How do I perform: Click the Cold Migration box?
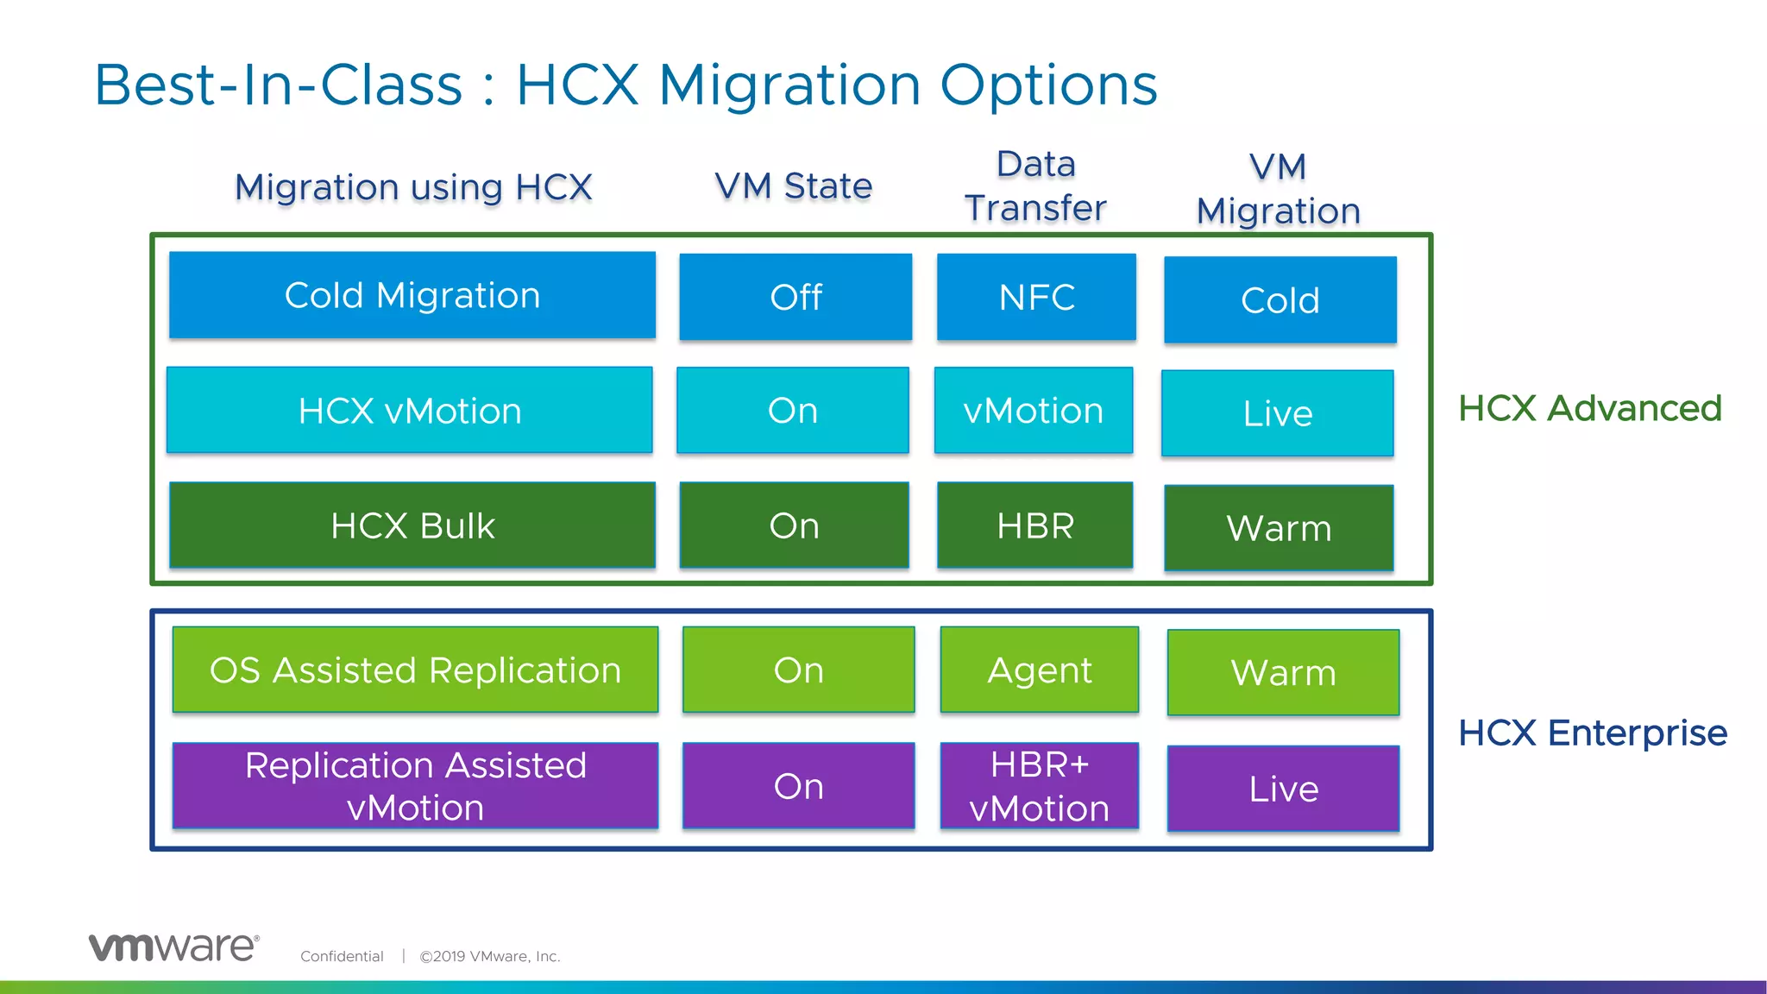[x=412, y=295]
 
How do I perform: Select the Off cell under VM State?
[x=795, y=297]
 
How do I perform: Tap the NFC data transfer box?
[x=1036, y=297]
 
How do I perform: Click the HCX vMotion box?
[x=410, y=410]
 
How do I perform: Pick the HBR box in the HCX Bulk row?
[x=1035, y=525]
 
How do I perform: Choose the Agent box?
[x=1040, y=670]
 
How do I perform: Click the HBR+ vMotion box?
[x=1040, y=786]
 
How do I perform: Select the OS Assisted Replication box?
[x=415, y=670]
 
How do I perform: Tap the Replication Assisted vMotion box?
[x=415, y=786]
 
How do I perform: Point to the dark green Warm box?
[x=1279, y=528]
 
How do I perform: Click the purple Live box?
[x=1283, y=789]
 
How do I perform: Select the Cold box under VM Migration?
[x=1280, y=300]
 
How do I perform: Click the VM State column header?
[x=793, y=186]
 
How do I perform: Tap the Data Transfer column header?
[x=1035, y=186]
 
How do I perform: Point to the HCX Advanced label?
[x=1589, y=408]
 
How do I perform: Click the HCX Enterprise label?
[x=1592, y=733]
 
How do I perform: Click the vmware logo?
[x=173, y=947]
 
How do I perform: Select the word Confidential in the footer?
[x=342, y=956]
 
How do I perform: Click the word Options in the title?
[x=1048, y=85]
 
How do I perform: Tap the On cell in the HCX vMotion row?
[x=793, y=410]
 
